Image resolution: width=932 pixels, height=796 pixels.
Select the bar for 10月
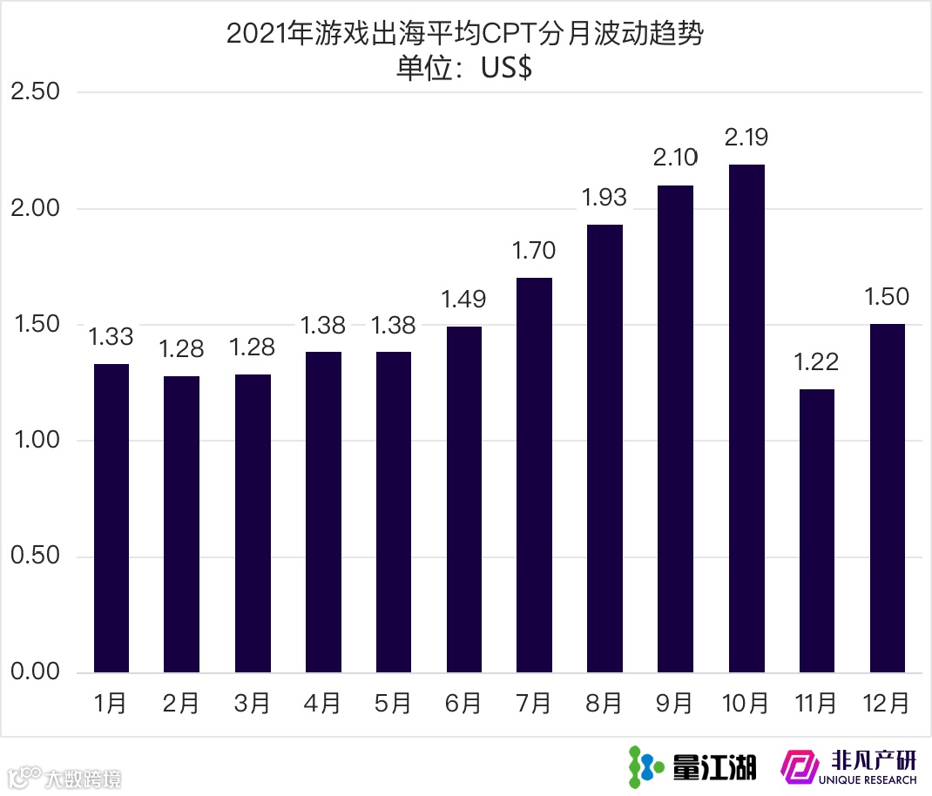(746, 418)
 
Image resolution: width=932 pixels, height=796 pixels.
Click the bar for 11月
(816, 530)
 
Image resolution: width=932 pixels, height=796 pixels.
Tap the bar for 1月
(111, 518)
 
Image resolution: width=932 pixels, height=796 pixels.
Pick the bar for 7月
(534, 475)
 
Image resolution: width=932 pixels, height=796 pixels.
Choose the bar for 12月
(888, 498)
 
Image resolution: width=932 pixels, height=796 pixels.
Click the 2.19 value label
(746, 138)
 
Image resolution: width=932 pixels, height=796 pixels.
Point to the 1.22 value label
(816, 361)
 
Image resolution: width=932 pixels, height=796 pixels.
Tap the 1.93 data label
(604, 198)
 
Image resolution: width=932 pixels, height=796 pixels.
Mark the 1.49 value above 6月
(463, 300)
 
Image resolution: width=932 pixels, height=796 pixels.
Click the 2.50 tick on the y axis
(35, 91)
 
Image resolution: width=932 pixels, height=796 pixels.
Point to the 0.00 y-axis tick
(35, 672)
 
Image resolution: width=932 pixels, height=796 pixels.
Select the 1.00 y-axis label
(35, 441)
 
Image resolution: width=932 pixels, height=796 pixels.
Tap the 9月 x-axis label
(675, 703)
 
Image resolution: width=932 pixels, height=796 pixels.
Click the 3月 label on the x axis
(253, 703)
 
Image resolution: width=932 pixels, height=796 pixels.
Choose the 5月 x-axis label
(393, 703)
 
